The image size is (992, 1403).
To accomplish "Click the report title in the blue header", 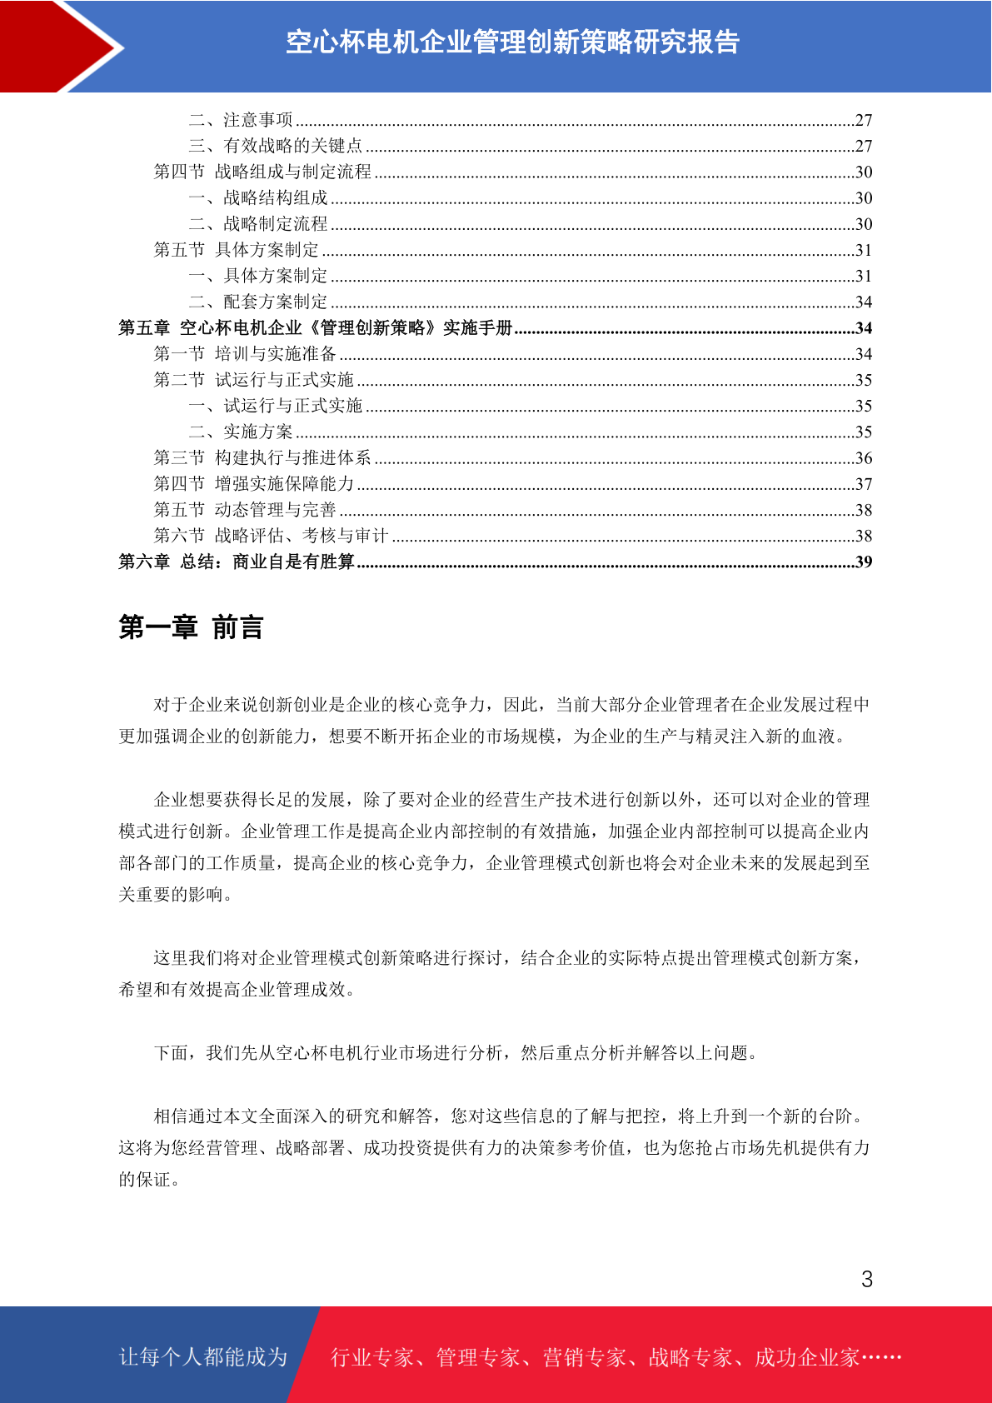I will click(x=512, y=42).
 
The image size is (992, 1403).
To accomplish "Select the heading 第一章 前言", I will click(x=191, y=627).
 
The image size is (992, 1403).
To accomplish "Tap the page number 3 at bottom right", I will click(x=866, y=1280).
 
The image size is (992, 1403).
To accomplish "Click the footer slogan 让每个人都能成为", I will click(x=203, y=1357).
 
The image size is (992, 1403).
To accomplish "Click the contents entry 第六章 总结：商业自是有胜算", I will click(x=237, y=562).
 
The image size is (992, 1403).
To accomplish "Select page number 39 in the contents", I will click(x=864, y=562).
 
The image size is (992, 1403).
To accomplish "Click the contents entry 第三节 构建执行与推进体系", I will click(x=262, y=457).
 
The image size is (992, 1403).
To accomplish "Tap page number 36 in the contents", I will click(x=864, y=458).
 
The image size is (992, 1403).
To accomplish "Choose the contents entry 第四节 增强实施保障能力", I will click(x=254, y=483).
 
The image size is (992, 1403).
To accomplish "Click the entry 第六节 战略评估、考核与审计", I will click(x=272, y=535).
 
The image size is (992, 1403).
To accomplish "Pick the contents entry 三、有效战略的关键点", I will click(x=276, y=146).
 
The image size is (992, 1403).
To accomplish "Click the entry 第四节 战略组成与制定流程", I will click(x=262, y=172).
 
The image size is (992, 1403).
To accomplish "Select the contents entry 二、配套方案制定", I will click(x=258, y=302).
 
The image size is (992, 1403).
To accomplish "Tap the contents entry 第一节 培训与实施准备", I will click(x=245, y=354).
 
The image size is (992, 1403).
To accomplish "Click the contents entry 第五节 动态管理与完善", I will click(x=245, y=509).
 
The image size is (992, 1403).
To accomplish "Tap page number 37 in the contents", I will click(x=864, y=484).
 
